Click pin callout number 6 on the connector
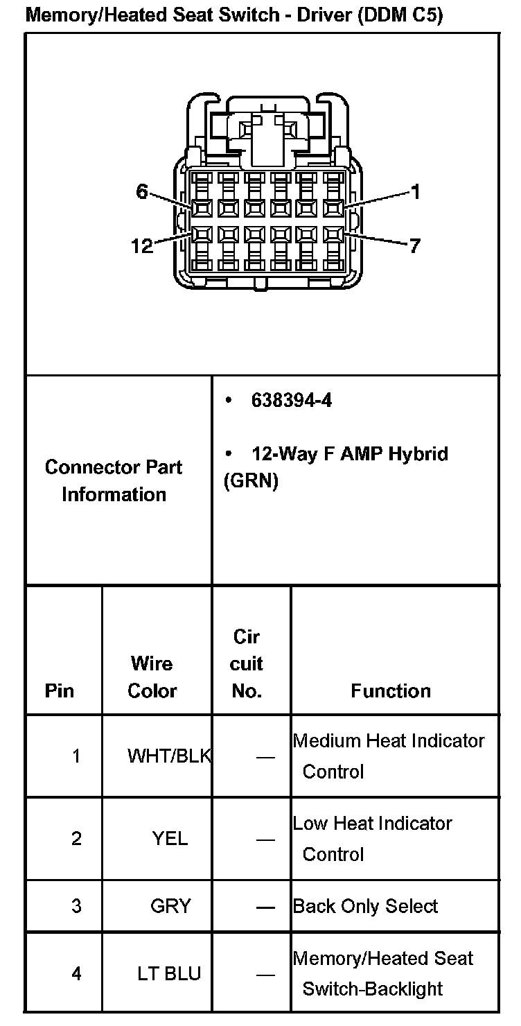click(142, 192)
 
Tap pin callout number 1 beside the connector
click(415, 192)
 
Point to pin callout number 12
click(142, 245)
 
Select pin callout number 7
click(414, 245)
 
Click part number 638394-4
click(291, 401)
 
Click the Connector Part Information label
click(114, 480)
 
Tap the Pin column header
click(60, 690)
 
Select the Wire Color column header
click(152, 677)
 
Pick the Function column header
click(391, 690)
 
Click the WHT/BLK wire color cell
click(168, 756)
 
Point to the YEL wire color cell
click(170, 839)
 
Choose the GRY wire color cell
click(170, 906)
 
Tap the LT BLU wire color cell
click(169, 973)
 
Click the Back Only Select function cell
click(366, 906)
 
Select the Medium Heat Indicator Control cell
click(388, 756)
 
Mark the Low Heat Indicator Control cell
click(373, 838)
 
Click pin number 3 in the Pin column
click(76, 906)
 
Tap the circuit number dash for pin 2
click(265, 840)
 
